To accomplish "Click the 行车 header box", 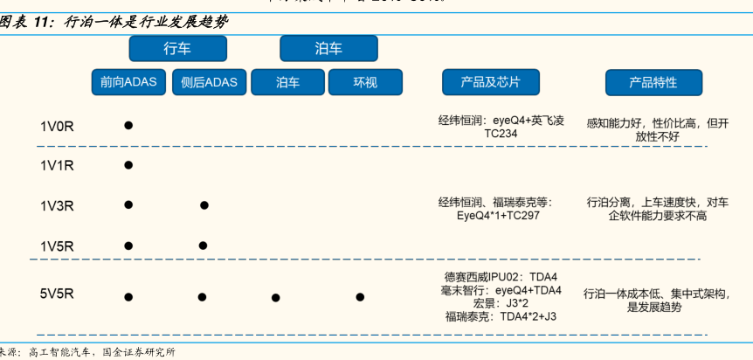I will coord(177,48).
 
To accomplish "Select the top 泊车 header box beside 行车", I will coord(328,48).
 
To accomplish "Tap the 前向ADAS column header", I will coord(128,82).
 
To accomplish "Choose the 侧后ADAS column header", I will coord(209,82).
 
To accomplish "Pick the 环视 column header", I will coord(365,82).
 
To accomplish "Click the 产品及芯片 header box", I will coord(490,82).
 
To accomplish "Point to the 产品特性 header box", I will coord(653,82).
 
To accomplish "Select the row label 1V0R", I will coord(57,126).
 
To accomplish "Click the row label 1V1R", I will coord(57,165).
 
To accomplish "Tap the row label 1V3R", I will coord(57,206).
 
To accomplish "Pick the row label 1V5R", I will coord(57,246).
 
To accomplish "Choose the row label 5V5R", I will coord(57,295).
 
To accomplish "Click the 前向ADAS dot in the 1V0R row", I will coord(128,125).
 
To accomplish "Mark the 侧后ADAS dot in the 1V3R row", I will coord(204,205).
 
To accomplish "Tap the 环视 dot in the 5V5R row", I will coord(360,297).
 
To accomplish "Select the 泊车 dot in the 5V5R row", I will coord(275,298).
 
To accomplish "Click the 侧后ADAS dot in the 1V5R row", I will coord(203,246).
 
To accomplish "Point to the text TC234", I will coord(501,135).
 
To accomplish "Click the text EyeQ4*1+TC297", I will coord(498,215).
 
